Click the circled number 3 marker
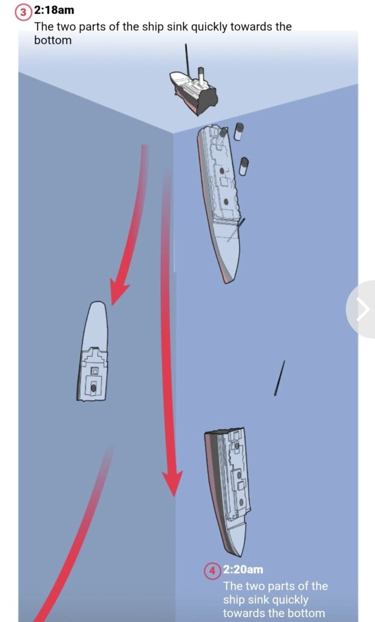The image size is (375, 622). point(23,12)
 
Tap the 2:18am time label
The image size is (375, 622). point(54,10)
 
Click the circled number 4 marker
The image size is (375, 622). point(212,571)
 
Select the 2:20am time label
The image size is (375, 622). point(243,570)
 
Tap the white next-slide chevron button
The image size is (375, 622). point(362,309)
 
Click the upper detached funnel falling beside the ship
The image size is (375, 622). point(238,131)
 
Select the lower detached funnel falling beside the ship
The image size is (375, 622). point(244,166)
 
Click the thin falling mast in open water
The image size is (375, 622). point(280,378)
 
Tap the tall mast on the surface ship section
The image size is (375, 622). point(187,61)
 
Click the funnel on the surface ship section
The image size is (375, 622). point(201,76)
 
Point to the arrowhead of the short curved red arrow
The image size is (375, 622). point(118,291)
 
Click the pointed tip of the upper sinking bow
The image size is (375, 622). point(227,282)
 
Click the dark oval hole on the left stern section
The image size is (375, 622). point(93,388)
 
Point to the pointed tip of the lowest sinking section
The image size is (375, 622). point(239,555)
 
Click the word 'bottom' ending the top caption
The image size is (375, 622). point(53,41)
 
